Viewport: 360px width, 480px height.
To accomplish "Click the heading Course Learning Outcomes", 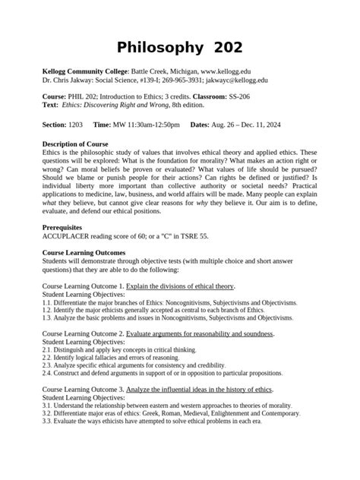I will [x=84, y=251].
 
